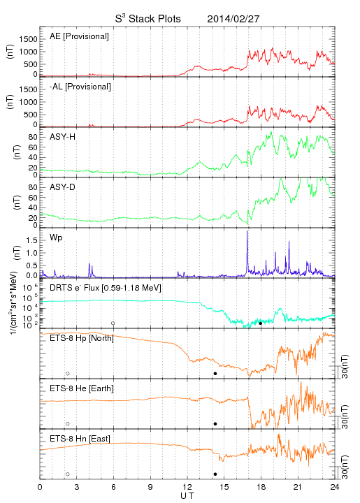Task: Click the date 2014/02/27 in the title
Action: [x=233, y=19]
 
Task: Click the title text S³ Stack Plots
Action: [x=148, y=19]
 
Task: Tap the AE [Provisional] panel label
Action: [x=79, y=36]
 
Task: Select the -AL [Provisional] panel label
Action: [x=80, y=87]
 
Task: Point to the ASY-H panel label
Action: [x=63, y=137]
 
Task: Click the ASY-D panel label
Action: [x=63, y=187]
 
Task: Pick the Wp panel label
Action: [x=56, y=238]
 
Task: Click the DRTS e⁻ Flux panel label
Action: [x=106, y=288]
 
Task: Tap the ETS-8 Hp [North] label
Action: [x=82, y=338]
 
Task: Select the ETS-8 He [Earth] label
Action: [x=82, y=388]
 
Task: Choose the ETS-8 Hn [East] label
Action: [x=80, y=439]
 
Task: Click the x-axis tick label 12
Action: [x=187, y=487]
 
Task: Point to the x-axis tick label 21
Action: [x=298, y=487]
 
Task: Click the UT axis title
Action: [x=187, y=496]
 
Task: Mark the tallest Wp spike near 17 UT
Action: [x=247, y=231]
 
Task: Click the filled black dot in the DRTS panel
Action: [x=261, y=323]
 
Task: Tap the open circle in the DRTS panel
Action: [x=113, y=323]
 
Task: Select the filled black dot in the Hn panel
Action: [x=215, y=474]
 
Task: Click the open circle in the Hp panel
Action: [x=68, y=373]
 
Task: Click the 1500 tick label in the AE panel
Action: [x=28, y=39]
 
